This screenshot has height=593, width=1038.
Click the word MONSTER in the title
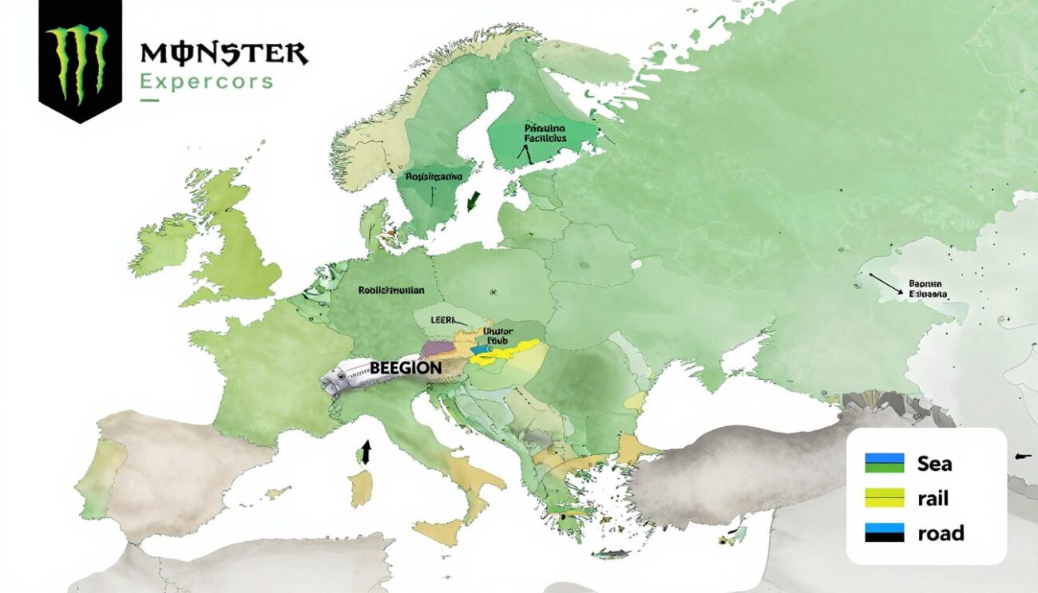(224, 54)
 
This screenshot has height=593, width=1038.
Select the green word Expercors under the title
(206, 81)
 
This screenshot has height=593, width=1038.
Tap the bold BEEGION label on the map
(406, 368)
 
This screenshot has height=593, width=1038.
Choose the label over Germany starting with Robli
(391, 291)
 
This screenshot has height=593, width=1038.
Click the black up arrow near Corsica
(366, 452)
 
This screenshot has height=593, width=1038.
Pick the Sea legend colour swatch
(884, 463)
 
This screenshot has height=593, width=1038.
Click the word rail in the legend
(933, 498)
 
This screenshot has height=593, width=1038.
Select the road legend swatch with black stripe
(884, 532)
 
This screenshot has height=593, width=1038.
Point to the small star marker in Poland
(495, 291)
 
